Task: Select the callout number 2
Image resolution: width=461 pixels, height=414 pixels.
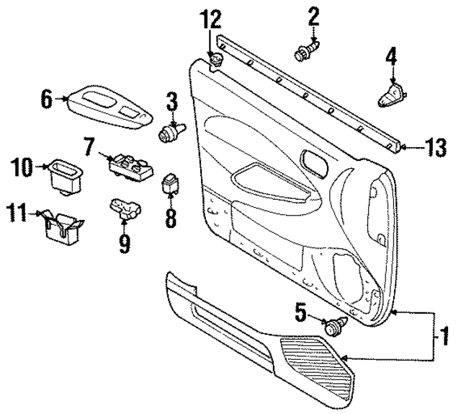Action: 313,16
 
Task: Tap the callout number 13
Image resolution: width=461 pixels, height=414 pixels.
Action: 434,149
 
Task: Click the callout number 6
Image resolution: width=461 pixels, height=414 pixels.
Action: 46,99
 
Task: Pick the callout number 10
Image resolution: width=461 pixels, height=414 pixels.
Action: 22,169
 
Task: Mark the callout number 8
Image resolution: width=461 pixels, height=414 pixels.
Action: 170,217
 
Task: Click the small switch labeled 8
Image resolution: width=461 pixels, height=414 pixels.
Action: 171,183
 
